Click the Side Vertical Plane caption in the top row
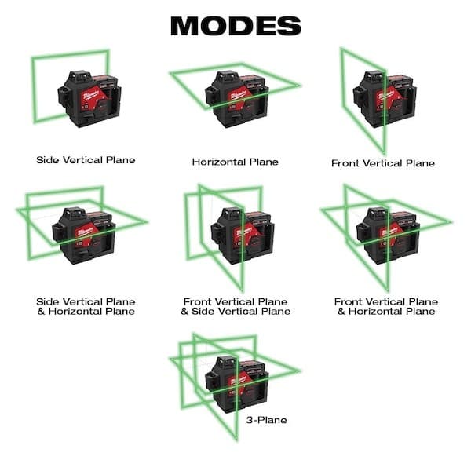coord(86,160)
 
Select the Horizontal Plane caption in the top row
coord(235,162)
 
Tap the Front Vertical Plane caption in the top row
coord(383,163)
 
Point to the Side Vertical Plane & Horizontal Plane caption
coord(86,306)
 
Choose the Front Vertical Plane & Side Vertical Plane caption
coord(235,306)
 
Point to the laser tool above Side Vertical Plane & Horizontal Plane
coord(82,235)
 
